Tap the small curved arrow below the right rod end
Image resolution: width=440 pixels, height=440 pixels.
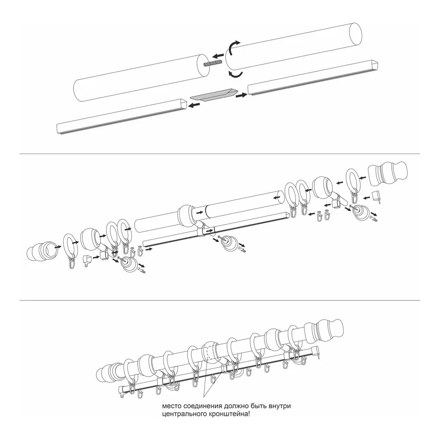click(235, 74)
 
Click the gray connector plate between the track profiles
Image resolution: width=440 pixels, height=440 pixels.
click(214, 94)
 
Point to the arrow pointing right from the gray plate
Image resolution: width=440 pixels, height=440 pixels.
click(241, 95)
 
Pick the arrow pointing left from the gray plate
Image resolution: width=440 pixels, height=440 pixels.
click(195, 105)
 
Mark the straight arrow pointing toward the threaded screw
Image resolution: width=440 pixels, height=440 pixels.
click(218, 55)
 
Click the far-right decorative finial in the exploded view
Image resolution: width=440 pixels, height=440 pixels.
click(388, 176)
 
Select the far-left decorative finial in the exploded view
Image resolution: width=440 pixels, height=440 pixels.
click(43, 251)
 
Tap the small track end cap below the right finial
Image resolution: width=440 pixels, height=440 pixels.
click(377, 196)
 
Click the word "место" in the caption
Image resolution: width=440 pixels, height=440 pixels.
click(172, 406)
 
